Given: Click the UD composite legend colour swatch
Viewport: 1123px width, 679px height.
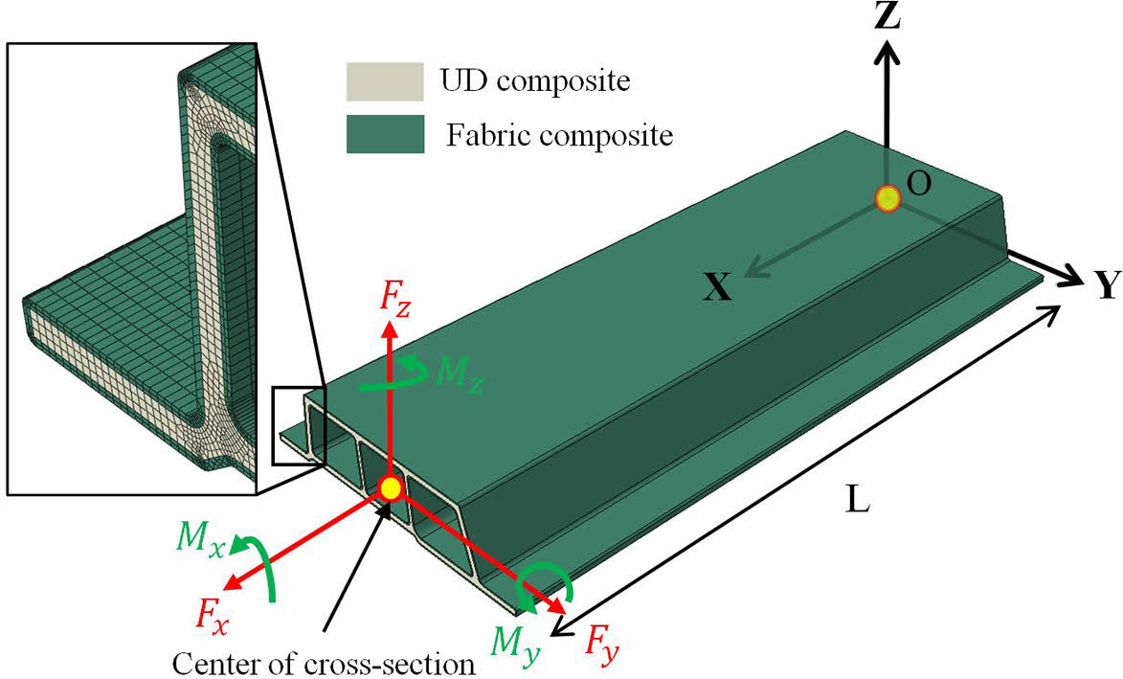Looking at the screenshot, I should [x=384, y=81].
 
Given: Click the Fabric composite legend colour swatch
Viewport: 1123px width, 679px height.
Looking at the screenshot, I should [x=384, y=134].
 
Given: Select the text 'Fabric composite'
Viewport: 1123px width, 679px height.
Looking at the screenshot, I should [x=559, y=135].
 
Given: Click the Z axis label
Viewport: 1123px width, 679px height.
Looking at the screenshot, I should [x=888, y=16].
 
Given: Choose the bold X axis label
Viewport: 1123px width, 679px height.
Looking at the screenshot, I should [x=717, y=286].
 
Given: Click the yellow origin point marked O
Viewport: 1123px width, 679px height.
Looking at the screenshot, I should [x=888, y=199].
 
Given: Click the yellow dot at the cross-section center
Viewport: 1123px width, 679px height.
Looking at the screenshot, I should [x=390, y=488].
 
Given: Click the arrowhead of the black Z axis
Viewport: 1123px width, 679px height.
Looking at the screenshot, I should [x=889, y=54].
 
